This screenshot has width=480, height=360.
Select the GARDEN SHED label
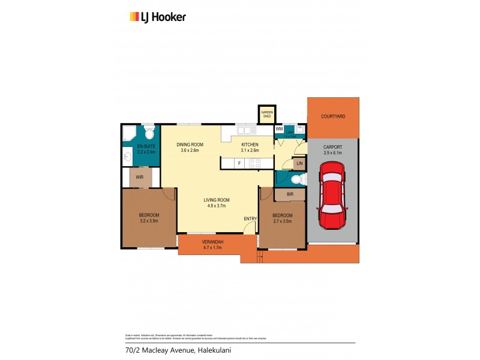266,114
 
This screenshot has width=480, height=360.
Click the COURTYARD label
333,116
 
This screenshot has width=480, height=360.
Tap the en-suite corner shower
128,133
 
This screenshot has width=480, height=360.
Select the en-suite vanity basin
128,158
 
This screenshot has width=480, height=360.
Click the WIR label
139,178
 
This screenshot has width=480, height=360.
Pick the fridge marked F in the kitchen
239,163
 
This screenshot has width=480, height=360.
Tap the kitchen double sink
246,130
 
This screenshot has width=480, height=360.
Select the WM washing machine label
279,129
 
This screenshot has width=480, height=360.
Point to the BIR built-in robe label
290,194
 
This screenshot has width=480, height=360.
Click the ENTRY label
250,218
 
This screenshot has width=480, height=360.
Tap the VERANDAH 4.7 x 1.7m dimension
212,247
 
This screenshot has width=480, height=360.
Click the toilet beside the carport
295,179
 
